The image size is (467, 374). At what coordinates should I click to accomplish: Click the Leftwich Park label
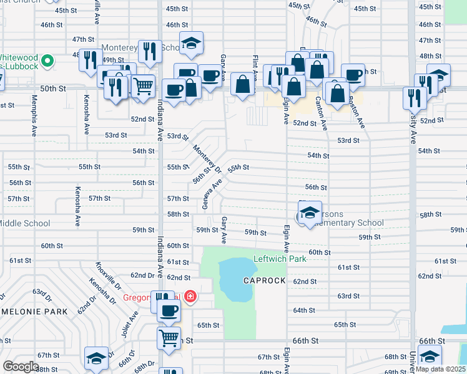pyautogui.click(x=280, y=259)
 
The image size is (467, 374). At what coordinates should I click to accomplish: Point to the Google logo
pyautogui.click(x=21, y=367)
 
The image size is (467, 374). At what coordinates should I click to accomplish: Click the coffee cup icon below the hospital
pyautogui.click(x=168, y=310)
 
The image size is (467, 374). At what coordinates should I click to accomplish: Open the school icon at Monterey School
pyautogui.click(x=191, y=44)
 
